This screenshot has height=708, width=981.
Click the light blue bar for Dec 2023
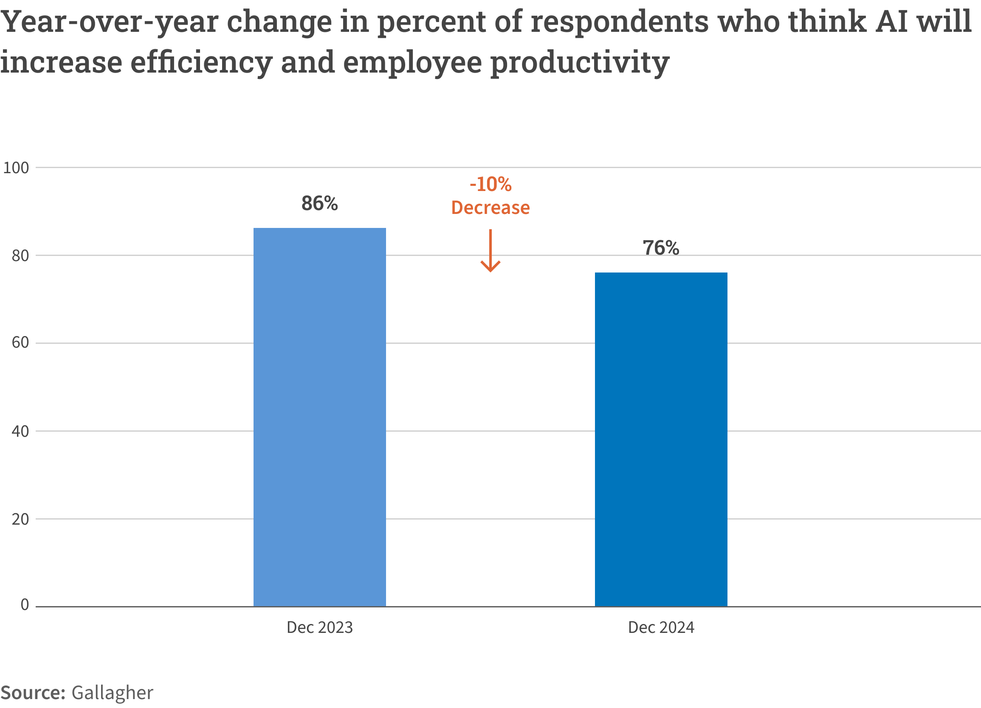click(x=319, y=417)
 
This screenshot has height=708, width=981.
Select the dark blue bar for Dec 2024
click(x=660, y=439)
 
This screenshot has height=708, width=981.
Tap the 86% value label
click(x=319, y=203)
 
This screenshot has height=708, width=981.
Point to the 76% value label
click(x=660, y=247)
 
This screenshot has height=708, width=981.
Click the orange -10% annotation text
click(x=490, y=185)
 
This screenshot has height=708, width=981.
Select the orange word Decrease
click(x=490, y=208)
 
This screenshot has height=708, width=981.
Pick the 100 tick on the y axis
click(x=16, y=168)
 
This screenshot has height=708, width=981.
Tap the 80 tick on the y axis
click(x=20, y=256)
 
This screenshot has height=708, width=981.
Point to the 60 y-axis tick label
click(x=20, y=343)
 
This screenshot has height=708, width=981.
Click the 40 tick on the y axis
click(x=20, y=431)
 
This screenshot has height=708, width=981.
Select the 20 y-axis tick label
click(x=20, y=519)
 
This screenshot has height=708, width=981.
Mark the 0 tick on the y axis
click(x=25, y=605)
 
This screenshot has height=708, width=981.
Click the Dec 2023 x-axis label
click(x=320, y=628)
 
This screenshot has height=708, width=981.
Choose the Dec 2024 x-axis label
click(x=661, y=628)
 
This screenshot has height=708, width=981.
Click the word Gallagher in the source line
click(x=112, y=693)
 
